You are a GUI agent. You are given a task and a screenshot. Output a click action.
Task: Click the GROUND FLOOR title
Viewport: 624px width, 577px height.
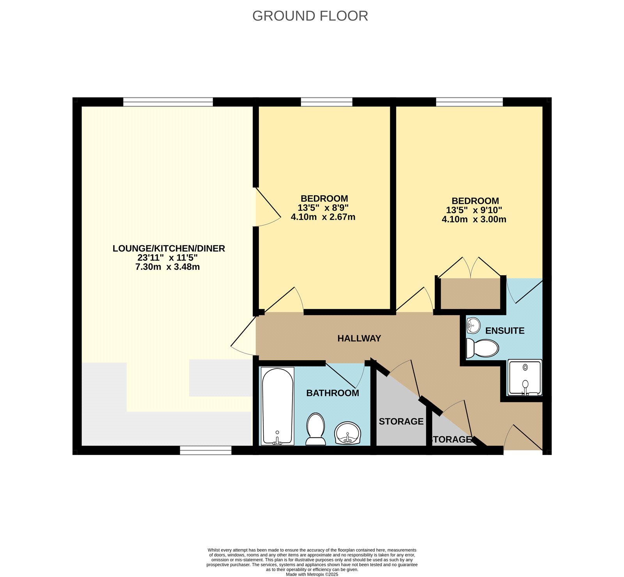coord(310,16)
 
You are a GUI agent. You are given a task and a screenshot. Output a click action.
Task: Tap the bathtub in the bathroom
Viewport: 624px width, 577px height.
coord(277,405)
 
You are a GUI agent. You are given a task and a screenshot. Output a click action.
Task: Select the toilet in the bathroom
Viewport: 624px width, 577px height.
coord(316,429)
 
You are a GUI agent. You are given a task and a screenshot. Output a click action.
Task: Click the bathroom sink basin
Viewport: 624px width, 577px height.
coord(348,433)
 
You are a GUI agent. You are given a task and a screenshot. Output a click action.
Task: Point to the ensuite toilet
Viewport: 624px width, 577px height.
coord(482,348)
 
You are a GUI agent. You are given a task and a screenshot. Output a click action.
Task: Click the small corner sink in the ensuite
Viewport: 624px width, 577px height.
coord(473,325)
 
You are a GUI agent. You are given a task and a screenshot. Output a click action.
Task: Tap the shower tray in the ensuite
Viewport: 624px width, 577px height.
coord(525,377)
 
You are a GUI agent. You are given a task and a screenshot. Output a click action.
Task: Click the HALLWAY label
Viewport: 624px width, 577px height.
coord(359,338)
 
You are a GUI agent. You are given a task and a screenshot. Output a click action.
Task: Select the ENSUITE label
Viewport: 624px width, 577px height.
coord(505,331)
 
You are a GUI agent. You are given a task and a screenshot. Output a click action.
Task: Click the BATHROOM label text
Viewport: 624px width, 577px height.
coord(332,393)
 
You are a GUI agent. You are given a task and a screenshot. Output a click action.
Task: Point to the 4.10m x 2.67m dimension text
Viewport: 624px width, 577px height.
coord(323,217)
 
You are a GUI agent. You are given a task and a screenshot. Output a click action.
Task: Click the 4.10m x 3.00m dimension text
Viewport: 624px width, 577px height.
coord(474,219)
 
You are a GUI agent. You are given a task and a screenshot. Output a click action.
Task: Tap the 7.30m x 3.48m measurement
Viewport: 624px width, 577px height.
coord(167,267)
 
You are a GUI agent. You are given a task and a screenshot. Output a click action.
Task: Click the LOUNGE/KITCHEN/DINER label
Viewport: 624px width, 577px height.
coord(168,248)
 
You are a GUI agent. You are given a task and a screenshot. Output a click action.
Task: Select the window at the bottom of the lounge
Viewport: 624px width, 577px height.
coord(206,451)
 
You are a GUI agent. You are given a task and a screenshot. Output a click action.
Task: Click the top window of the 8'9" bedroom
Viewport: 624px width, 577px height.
coord(326,102)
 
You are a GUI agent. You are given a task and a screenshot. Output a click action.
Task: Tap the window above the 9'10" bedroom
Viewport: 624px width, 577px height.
coord(469,102)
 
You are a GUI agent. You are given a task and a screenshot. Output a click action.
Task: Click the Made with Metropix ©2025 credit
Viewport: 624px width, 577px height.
coord(312,574)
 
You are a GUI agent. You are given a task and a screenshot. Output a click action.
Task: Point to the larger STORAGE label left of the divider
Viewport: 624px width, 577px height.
coord(401,421)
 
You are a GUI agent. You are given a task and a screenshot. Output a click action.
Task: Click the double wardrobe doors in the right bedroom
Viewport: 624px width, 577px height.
coord(470,268)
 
